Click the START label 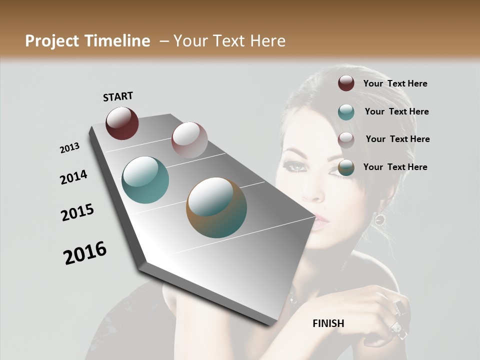[118, 96]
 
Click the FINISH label [328, 323]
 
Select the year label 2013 [70, 148]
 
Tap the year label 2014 [73, 177]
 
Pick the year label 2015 [77, 212]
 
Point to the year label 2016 [85, 253]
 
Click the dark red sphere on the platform [122, 123]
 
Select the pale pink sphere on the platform [189, 139]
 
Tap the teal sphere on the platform [145, 180]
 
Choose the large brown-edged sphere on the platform [216, 207]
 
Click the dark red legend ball [346, 83]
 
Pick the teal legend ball [346, 111]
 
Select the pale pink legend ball [346, 139]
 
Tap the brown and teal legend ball [346, 167]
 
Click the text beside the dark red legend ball [395, 83]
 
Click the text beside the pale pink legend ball [397, 139]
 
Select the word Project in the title [51, 41]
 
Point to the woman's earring [379, 218]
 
